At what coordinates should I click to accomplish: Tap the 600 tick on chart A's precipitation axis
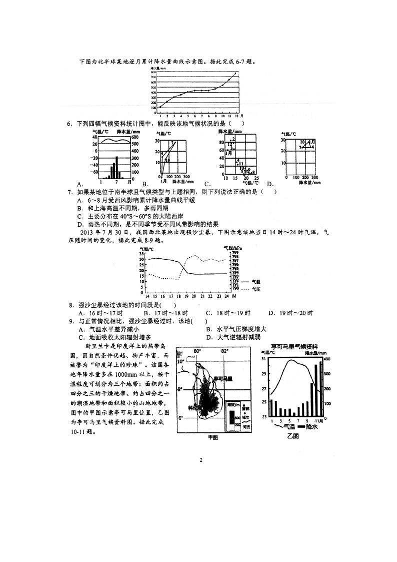pos(135,137)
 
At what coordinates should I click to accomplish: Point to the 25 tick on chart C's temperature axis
pos(256,179)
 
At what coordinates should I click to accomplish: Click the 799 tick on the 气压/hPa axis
pos(235,253)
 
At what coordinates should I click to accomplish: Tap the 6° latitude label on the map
pos(181,417)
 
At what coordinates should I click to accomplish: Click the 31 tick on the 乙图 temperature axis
pos(264,359)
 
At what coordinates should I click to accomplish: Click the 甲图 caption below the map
pos(213,437)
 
